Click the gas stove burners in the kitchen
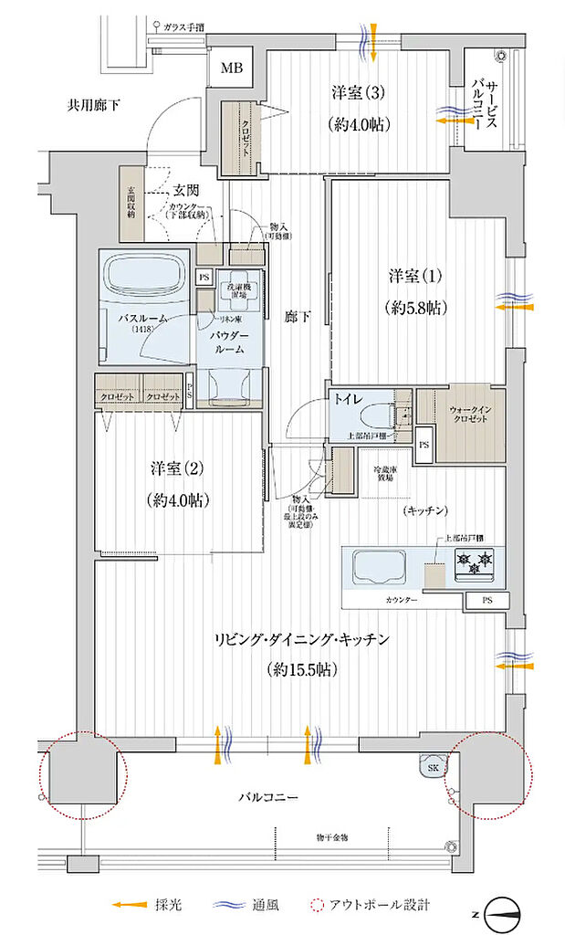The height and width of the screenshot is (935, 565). (475, 563)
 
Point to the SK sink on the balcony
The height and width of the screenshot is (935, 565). (430, 768)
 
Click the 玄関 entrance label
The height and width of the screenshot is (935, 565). (186, 190)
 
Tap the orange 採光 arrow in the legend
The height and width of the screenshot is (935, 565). (131, 905)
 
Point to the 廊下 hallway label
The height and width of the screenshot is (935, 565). (297, 316)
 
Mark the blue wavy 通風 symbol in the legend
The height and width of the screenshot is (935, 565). (234, 905)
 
